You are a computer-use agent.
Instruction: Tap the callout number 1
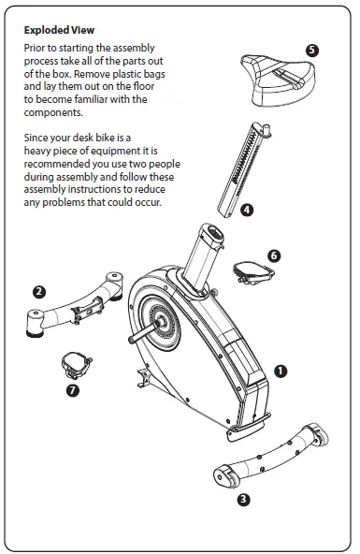[x=280, y=371]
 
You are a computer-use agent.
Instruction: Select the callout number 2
[x=38, y=291]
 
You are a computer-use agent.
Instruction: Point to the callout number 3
[x=243, y=499]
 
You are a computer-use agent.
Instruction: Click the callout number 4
[x=246, y=211]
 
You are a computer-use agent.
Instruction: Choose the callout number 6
[x=273, y=254]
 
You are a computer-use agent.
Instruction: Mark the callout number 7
[x=72, y=390]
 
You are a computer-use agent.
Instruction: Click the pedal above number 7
[x=74, y=359]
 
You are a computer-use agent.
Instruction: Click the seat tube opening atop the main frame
[x=210, y=235]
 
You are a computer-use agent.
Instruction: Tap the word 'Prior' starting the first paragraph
[x=37, y=46]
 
